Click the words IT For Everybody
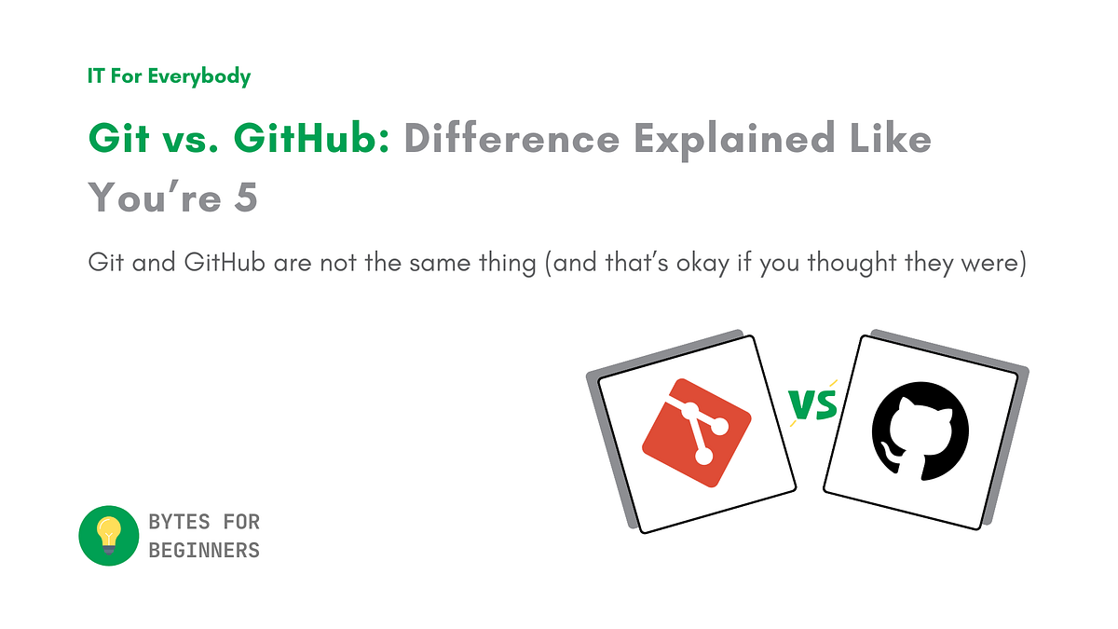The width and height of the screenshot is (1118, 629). [169, 76]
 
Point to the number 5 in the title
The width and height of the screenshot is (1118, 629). [245, 197]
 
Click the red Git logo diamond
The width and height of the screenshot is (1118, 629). [697, 432]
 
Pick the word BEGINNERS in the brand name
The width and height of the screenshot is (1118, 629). [204, 550]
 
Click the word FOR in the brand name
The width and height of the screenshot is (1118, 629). [243, 522]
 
